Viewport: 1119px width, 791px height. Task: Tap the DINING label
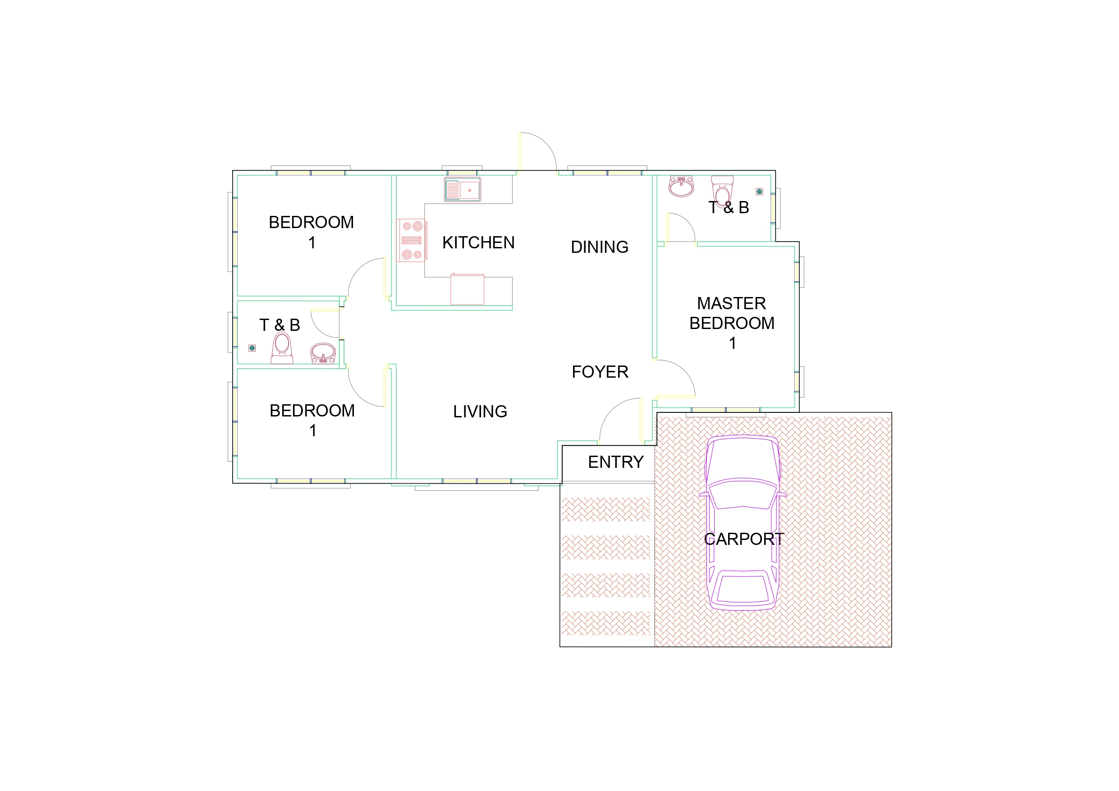(x=600, y=247)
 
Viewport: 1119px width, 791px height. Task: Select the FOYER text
(x=600, y=372)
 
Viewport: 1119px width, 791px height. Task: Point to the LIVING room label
(x=480, y=412)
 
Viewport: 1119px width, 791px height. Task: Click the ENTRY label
(x=615, y=462)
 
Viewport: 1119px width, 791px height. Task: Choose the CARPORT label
(x=744, y=539)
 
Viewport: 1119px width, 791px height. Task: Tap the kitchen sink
(x=462, y=190)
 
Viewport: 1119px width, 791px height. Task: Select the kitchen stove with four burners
(x=412, y=240)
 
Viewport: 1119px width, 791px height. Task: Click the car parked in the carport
(x=742, y=522)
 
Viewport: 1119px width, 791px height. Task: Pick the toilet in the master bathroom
(x=722, y=190)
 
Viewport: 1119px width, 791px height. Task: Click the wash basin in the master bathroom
(x=681, y=186)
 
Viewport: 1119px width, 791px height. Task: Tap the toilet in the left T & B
(x=282, y=348)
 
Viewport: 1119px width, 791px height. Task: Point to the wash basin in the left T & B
(x=323, y=353)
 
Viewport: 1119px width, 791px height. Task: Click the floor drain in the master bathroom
(x=759, y=192)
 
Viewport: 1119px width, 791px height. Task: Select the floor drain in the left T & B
(x=252, y=348)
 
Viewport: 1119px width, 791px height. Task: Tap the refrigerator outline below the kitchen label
(x=467, y=289)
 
